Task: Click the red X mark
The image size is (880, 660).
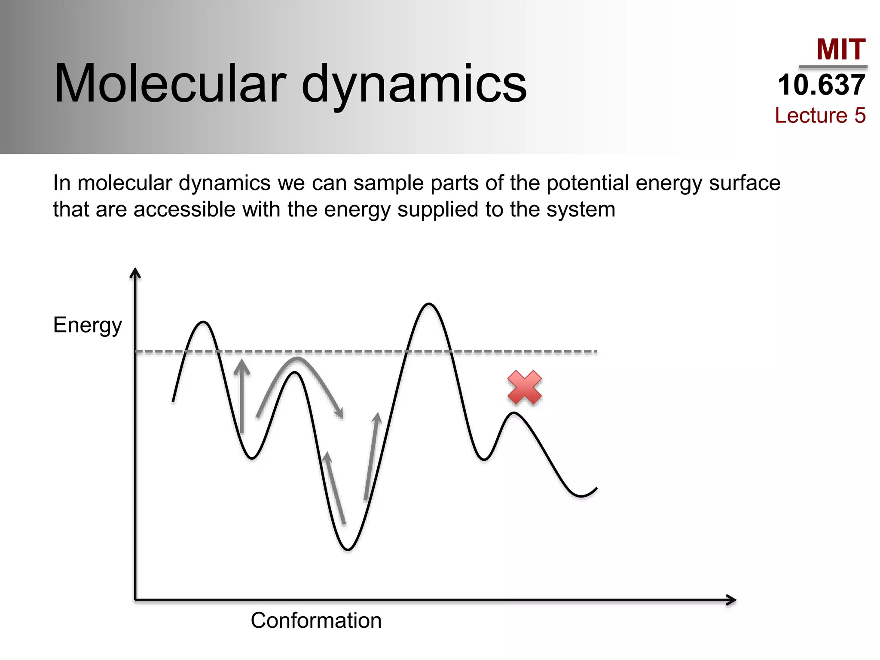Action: point(524,388)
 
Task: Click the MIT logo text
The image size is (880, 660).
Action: point(840,49)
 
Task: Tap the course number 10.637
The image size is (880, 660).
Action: point(821,85)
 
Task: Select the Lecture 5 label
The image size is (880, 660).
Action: point(820,115)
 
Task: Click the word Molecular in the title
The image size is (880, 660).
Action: point(170,83)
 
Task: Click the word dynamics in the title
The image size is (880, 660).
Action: point(414,83)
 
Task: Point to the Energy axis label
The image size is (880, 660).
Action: point(87,325)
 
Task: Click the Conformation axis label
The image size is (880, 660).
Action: point(316,620)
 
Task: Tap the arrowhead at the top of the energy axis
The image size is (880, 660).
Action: point(135,272)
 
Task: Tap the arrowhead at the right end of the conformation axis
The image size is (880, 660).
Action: point(731,600)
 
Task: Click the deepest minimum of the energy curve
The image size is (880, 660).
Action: point(348,549)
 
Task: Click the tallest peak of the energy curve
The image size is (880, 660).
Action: point(429,304)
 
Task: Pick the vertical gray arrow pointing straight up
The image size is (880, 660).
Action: point(242,395)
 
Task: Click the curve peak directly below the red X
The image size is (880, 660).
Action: point(514,413)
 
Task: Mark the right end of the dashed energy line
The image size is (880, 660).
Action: point(596,351)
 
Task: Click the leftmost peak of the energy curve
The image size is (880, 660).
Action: point(203,322)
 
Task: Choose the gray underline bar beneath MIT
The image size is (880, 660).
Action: point(833,67)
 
